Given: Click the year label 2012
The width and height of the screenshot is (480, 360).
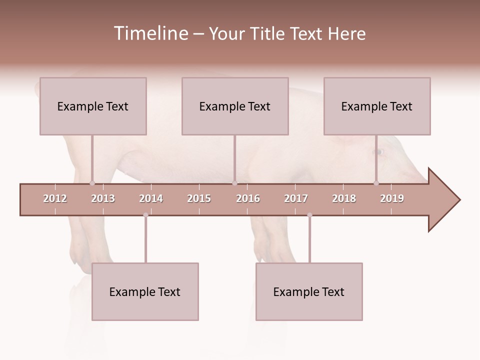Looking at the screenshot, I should pyautogui.click(x=55, y=198).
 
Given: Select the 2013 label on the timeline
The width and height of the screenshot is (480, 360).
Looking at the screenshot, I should pyautogui.click(x=103, y=198).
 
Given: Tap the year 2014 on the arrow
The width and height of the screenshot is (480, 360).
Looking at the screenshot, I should pyautogui.click(x=151, y=198).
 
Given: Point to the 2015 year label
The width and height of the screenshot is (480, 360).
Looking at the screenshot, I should pyautogui.click(x=199, y=198).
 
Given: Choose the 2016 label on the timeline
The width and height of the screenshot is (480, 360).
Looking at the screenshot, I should pyautogui.click(x=248, y=198).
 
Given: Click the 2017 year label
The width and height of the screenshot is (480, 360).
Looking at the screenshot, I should pyautogui.click(x=296, y=198).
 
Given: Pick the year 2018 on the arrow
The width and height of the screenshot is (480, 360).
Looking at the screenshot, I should pyautogui.click(x=344, y=198).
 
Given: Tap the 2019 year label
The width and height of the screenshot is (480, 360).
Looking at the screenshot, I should pyautogui.click(x=392, y=198).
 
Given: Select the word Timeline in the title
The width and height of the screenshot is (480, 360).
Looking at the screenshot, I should pyautogui.click(x=150, y=33).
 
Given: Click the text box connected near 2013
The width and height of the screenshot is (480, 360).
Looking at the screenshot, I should pyautogui.click(x=93, y=106).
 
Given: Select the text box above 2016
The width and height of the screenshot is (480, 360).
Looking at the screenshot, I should pyautogui.click(x=235, y=106).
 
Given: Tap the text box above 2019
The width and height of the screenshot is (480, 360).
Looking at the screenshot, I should pyautogui.click(x=377, y=106).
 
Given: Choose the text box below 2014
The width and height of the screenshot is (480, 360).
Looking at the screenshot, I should pyautogui.click(x=145, y=291).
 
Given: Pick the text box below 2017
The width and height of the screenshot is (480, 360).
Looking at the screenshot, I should pyautogui.click(x=309, y=291).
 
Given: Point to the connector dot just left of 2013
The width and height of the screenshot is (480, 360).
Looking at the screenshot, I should pyautogui.click(x=92, y=183).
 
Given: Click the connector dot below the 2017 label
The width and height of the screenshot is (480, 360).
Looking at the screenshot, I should pyautogui.click(x=309, y=215).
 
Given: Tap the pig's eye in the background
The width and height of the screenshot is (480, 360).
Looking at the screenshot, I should pyautogui.click(x=379, y=151).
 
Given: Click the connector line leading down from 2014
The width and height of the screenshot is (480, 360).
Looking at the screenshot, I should pyautogui.click(x=145, y=240).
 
